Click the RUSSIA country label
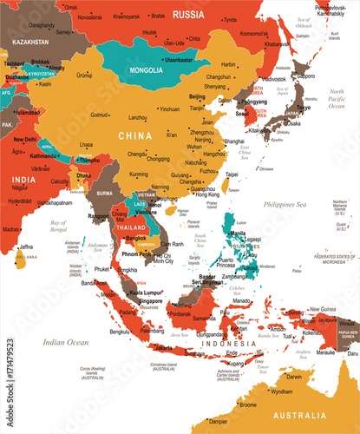coord(188,14)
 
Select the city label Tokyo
coord(304,108)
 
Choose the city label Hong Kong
coord(207,194)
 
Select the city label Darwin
coord(296,377)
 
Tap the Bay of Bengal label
coord(60,227)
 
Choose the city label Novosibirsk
coord(89,16)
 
